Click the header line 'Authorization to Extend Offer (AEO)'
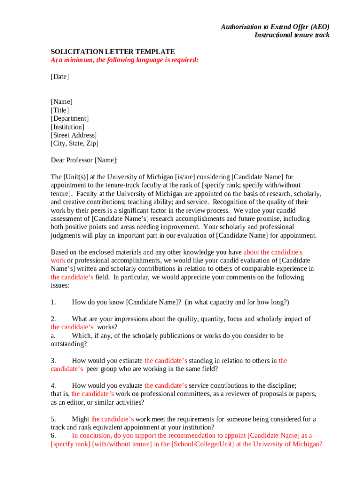pyautogui.click(x=275, y=27)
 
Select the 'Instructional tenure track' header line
pyautogui.click(x=292, y=35)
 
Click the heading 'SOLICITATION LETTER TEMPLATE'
pyautogui.click(x=113, y=51)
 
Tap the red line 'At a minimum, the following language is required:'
pyautogui.click(x=125, y=60)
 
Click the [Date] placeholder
pyautogui.click(x=60, y=77)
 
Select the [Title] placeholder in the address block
pyautogui.click(x=60, y=110)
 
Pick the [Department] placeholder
pyautogui.click(x=70, y=119)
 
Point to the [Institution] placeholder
pyautogui.click(x=68, y=127)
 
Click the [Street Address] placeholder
pyautogui.click(x=74, y=136)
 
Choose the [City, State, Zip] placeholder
pyautogui.click(x=75, y=144)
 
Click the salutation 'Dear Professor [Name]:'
pyautogui.click(x=84, y=160)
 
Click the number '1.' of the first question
pyautogui.click(x=53, y=302)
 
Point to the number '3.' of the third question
pyautogui.click(x=53, y=361)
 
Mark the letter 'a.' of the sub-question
pyautogui.click(x=53, y=336)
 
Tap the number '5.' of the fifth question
pyautogui.click(x=53, y=419)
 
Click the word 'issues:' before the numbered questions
pyautogui.click(x=60, y=285)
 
